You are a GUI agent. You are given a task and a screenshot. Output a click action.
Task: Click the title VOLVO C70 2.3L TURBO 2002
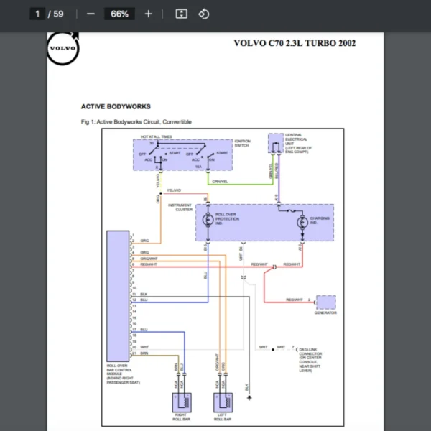tap(295, 43)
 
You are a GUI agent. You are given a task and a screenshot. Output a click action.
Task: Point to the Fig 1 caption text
tap(136, 122)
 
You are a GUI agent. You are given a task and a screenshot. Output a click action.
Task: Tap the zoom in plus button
tap(149, 14)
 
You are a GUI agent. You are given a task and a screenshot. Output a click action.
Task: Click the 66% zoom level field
tap(119, 14)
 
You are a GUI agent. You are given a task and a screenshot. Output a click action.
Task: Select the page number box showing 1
tap(37, 14)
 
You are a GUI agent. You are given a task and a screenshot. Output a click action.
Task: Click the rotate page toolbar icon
tap(203, 14)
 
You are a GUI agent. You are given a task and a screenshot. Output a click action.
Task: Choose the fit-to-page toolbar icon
tap(182, 14)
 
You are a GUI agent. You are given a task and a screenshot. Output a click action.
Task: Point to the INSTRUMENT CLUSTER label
tap(180, 207)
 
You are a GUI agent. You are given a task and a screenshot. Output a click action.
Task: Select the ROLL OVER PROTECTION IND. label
tap(228, 219)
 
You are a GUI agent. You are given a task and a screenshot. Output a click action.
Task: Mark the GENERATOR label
tap(325, 312)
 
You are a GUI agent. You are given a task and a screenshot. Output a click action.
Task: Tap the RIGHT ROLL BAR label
tap(182, 417)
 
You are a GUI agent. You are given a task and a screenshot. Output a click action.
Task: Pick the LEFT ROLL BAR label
tap(223, 417)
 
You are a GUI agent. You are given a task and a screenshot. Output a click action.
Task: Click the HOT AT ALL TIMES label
tap(156, 136)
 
